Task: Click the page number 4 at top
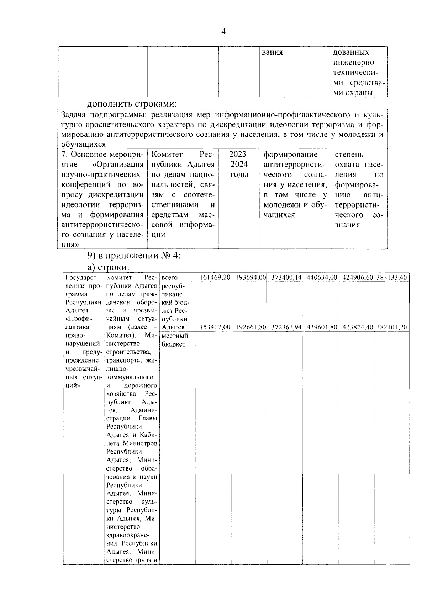pyautogui.click(x=223, y=32)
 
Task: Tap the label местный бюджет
pyautogui.click(x=174, y=340)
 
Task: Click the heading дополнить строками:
pyautogui.click(x=132, y=104)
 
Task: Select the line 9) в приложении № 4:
pyautogui.click(x=134, y=256)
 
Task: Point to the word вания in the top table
pyautogui.click(x=272, y=53)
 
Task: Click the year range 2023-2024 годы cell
pyautogui.click(x=239, y=165)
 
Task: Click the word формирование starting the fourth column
pyautogui.click(x=290, y=155)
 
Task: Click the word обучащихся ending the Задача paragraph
pyautogui.click(x=84, y=144)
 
